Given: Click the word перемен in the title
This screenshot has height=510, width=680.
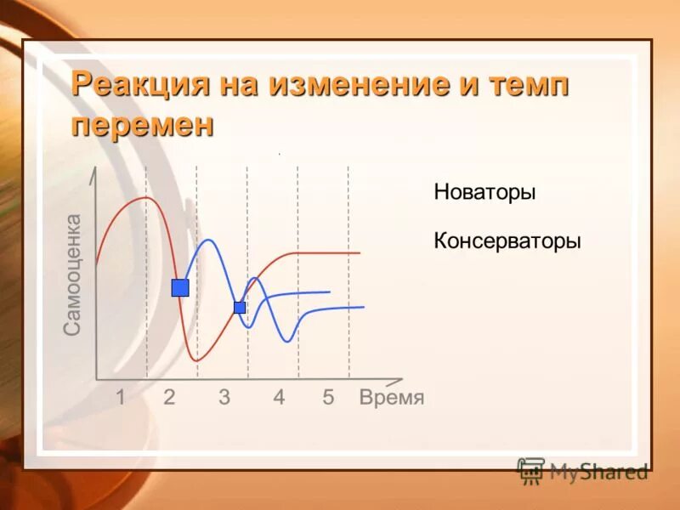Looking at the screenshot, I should pos(143,124).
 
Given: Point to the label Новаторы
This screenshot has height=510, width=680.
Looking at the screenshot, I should pos(484,193).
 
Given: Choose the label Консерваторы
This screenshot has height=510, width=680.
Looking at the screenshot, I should pos(507,241).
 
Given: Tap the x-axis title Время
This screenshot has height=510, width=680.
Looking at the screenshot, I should pos(391,398).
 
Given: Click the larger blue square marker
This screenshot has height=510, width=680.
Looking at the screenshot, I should pos(180,287).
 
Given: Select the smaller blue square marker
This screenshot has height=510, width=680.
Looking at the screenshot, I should pos(240,307).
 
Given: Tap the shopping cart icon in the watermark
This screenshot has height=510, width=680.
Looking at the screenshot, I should pos(531,470).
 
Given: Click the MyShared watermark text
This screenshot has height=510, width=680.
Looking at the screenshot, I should pos(598,470).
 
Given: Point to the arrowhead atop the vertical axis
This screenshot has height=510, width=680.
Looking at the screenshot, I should pos(97,173).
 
